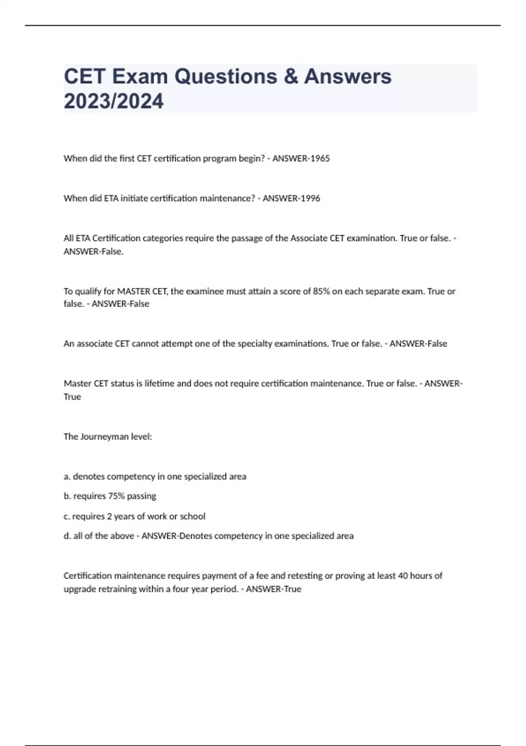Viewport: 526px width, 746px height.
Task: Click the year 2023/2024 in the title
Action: [114, 101]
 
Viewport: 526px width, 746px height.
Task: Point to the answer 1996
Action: [310, 198]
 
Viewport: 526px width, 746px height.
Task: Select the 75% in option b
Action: [116, 496]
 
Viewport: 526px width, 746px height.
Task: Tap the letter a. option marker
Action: [67, 477]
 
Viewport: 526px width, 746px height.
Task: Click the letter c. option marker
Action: [67, 516]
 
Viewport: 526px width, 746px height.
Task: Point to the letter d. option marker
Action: [67, 536]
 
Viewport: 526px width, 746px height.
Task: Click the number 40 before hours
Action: [403, 576]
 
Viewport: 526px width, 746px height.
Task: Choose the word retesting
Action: [305, 576]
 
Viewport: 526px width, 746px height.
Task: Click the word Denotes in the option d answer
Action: [195, 536]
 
